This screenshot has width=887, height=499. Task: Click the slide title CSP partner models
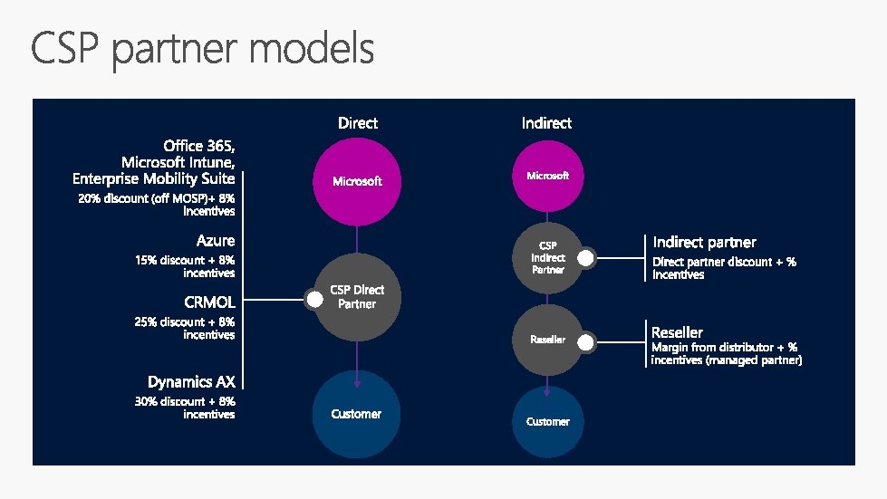(x=202, y=50)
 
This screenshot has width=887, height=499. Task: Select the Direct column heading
(x=357, y=122)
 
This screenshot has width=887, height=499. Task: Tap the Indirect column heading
(x=546, y=122)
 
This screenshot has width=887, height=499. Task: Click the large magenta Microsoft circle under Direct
(x=357, y=181)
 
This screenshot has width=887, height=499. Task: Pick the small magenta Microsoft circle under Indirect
(x=547, y=176)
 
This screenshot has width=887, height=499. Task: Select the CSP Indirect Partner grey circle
(x=547, y=257)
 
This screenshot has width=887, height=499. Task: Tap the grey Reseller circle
(x=547, y=340)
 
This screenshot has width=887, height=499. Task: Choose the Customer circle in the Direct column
(x=356, y=414)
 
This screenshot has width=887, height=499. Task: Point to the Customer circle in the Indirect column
(x=547, y=421)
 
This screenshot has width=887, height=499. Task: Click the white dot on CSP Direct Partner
(x=314, y=298)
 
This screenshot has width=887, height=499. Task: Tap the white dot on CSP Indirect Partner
(x=586, y=258)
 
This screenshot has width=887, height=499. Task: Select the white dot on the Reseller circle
(x=586, y=342)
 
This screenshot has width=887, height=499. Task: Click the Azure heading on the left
(x=216, y=241)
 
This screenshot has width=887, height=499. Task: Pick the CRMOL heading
(x=209, y=302)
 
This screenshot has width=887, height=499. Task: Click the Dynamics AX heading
(x=191, y=382)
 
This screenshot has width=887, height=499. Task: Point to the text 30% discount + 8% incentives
(x=185, y=408)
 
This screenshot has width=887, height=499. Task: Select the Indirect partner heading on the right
(x=704, y=242)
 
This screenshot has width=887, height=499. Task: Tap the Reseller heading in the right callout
(x=677, y=332)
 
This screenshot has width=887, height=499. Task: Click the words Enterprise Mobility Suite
(x=154, y=178)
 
